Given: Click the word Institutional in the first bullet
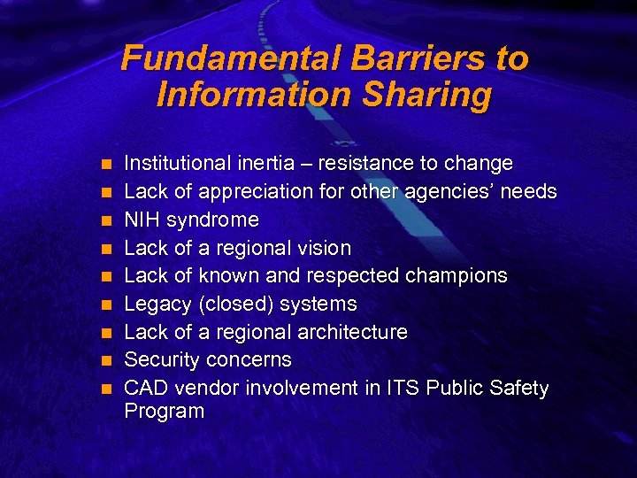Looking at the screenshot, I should point(175,163).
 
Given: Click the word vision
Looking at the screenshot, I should point(324,248).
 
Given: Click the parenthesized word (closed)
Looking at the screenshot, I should point(239,304).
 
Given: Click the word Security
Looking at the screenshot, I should point(162,360).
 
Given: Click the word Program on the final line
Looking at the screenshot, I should point(164,412).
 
